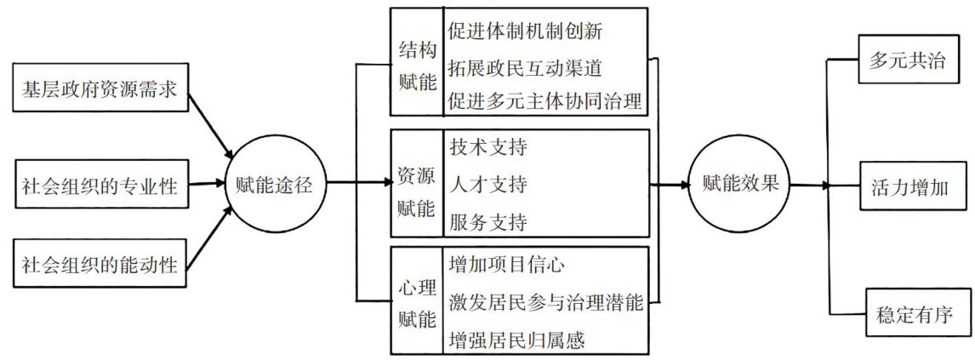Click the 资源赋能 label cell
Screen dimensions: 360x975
pos(417,184)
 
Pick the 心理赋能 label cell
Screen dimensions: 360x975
pos(417,300)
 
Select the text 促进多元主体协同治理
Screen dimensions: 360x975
pos(545,101)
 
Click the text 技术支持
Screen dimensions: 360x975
pos(487,146)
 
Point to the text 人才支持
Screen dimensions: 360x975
pos(487,184)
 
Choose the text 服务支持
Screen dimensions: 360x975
pos(487,222)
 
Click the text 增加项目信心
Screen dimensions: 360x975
pos(506,264)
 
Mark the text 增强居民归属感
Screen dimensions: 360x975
pos(516,339)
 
